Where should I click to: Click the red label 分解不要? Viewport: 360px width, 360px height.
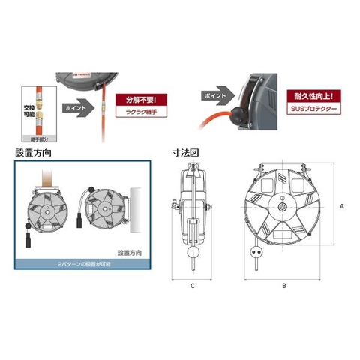point(141,97)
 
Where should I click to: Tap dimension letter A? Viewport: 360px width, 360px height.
point(341,204)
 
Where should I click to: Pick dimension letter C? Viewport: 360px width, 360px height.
point(192,285)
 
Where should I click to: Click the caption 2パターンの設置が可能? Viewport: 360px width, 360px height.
point(82,264)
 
